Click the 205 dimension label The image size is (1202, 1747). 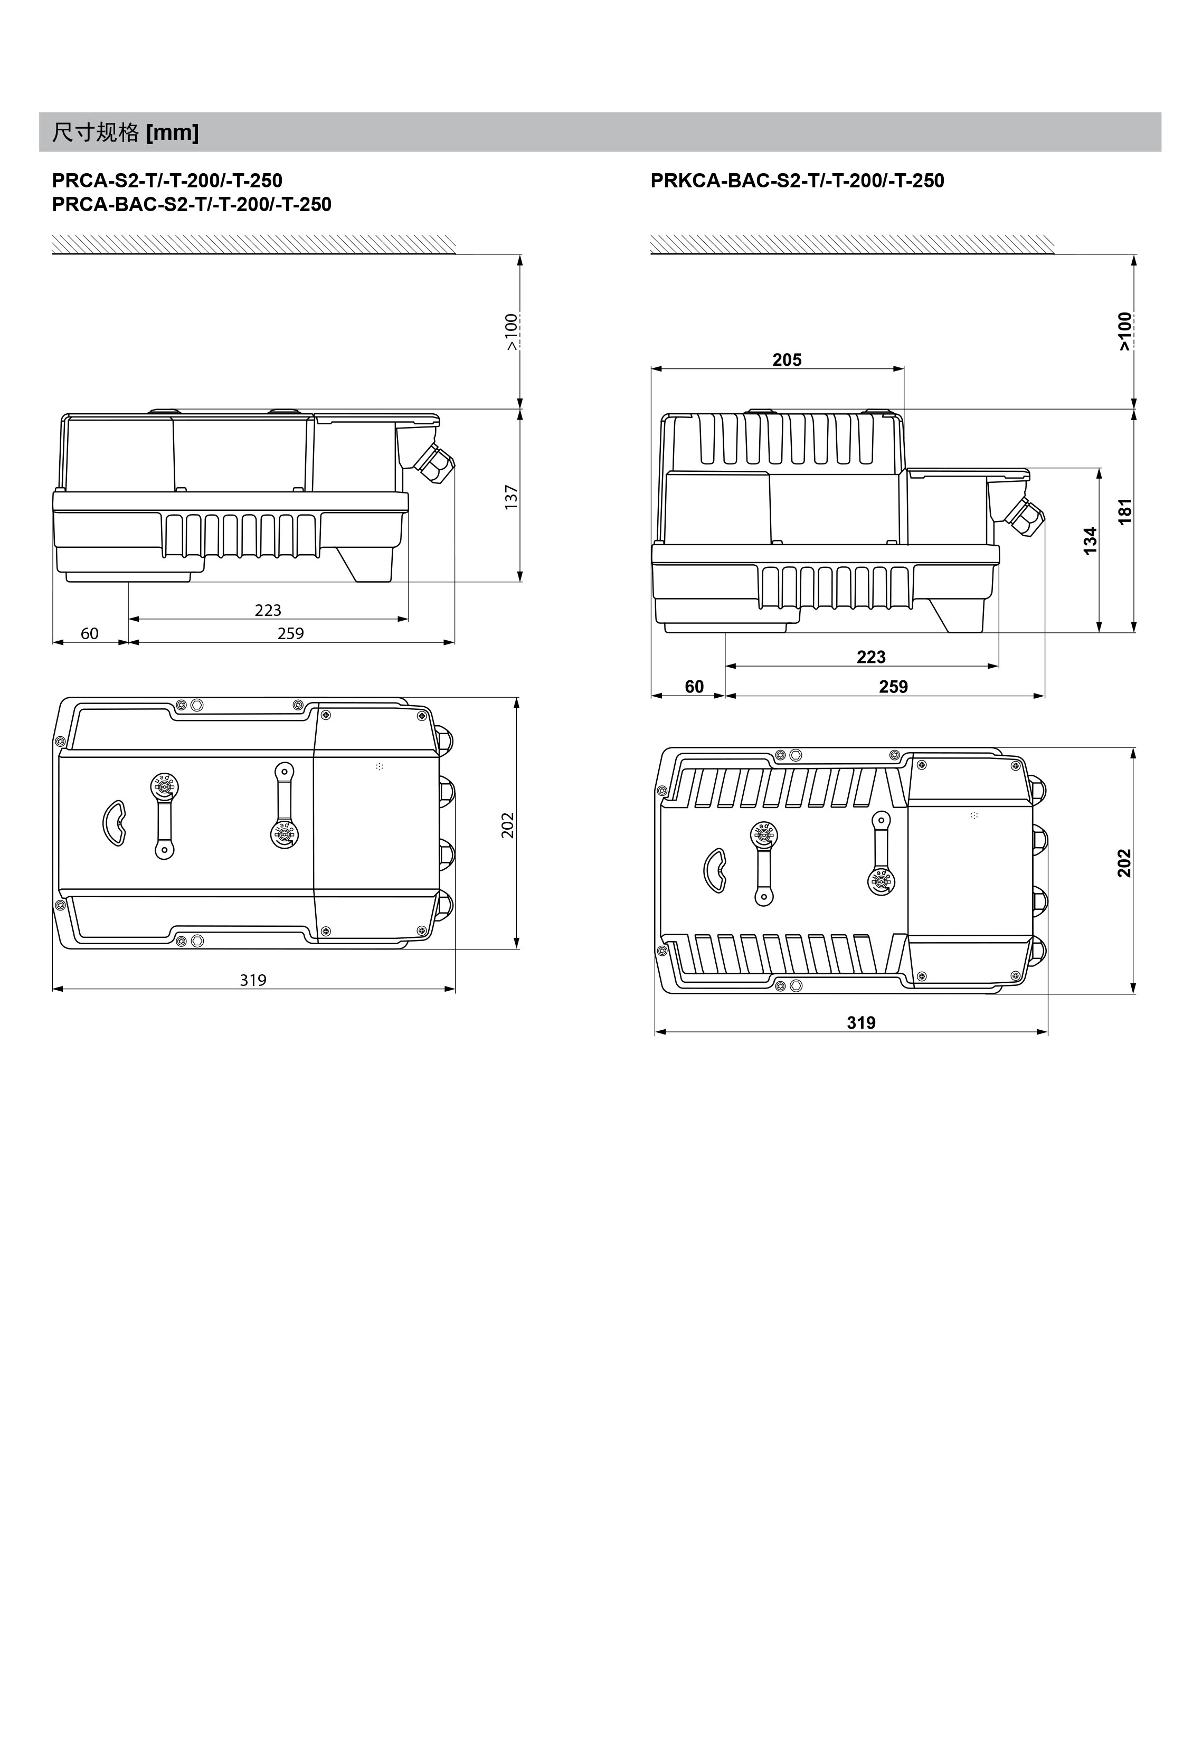coord(787,360)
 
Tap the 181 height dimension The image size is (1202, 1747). coord(1125,511)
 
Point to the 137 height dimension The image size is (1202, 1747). coord(512,497)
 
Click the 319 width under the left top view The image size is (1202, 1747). coord(253,980)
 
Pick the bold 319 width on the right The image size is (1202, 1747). coord(861,1022)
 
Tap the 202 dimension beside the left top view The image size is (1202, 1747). coord(508,824)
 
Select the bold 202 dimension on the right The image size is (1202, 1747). coord(1124,863)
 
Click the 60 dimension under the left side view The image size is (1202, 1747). coord(90,633)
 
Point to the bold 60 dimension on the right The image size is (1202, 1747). coord(694,687)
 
